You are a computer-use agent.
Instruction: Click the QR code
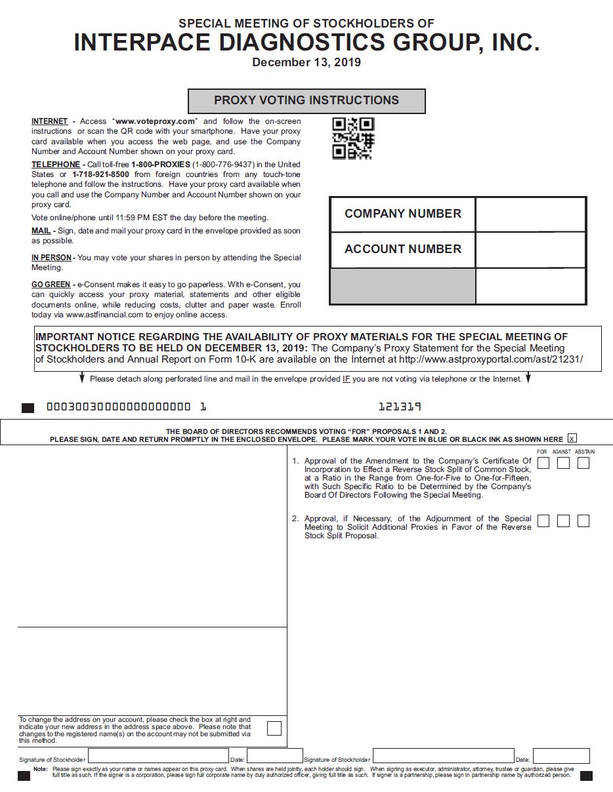coord(353,138)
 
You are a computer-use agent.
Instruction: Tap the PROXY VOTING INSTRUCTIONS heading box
coord(306,101)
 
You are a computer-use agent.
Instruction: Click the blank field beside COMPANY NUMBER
coord(530,214)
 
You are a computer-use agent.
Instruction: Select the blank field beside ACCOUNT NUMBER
coord(530,250)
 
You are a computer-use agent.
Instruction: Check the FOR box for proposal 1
coord(543,463)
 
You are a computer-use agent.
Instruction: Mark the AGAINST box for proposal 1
coord(563,463)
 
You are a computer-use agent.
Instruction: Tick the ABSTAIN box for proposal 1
coord(583,463)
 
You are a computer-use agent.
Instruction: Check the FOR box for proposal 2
coord(543,521)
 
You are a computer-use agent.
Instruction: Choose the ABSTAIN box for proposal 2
coord(583,521)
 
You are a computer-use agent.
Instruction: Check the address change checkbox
coord(274,728)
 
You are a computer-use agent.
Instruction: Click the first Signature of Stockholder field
coord(158,756)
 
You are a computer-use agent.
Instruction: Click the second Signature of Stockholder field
coord(443,756)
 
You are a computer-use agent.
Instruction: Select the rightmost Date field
coord(561,756)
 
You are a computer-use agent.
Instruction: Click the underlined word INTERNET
coord(49,121)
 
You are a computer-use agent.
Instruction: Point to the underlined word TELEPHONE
coord(56,165)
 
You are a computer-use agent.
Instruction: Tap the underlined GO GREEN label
coord(51,285)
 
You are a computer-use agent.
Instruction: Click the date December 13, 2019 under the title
coord(306,63)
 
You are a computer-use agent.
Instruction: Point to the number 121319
coord(400,407)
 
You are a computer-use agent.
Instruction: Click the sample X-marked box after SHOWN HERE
coord(572,439)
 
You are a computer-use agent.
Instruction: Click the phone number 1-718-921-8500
coord(100,174)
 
